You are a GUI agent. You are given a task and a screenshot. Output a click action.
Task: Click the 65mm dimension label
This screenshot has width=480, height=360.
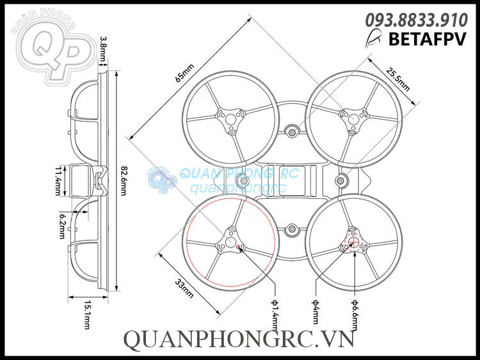pyautogui.click(x=184, y=73)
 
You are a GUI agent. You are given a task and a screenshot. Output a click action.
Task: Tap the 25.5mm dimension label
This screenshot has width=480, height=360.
pyautogui.click(x=397, y=79)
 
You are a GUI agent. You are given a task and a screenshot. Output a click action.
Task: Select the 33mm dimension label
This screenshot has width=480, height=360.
pyautogui.click(x=184, y=288)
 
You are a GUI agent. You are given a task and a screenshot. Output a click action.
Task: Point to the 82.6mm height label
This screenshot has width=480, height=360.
pyautogui.click(x=124, y=181)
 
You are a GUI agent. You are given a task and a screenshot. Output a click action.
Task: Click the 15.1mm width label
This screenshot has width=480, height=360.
pyautogui.click(x=87, y=315)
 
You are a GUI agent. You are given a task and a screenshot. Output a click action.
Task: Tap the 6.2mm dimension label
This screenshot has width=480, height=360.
pyautogui.click(x=62, y=226)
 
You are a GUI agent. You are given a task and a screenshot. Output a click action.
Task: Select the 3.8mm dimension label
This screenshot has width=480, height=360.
pyautogui.click(x=104, y=49)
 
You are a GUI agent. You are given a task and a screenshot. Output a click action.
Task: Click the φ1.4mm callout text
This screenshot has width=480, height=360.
pyautogui.click(x=275, y=315)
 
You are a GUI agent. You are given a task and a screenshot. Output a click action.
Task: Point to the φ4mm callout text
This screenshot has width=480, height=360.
pyautogui.click(x=316, y=311)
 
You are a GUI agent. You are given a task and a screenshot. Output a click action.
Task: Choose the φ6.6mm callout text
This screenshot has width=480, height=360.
pyautogui.click(x=355, y=315)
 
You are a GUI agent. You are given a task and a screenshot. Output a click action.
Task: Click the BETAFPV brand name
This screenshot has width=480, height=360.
pyautogui.click(x=428, y=39)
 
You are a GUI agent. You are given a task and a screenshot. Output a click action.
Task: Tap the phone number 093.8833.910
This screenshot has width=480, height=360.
pyautogui.click(x=417, y=20)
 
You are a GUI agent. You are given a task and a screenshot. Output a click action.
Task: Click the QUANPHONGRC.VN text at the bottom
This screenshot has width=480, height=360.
pyautogui.click(x=239, y=340)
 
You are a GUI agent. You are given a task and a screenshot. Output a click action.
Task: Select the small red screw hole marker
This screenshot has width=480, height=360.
pyautogui.click(x=239, y=247)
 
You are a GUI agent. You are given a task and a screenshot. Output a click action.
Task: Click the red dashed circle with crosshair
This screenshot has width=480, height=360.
pyautogui.click(x=353, y=241)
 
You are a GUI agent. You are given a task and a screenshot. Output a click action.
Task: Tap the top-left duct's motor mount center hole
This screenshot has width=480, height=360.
pyautogui.click(x=230, y=118)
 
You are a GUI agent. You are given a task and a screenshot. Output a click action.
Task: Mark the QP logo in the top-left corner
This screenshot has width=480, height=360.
pyautogui.click(x=54, y=49)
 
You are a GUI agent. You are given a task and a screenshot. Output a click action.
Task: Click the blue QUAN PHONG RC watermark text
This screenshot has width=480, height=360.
pyautogui.click(x=239, y=174)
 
